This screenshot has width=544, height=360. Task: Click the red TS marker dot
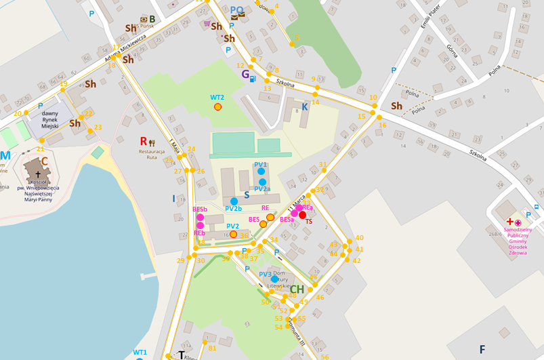click(x=303, y=214)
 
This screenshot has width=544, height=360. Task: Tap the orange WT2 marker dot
click(x=217, y=106)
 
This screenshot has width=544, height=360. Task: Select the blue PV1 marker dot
click(x=261, y=172)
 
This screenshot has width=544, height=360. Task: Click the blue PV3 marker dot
click(x=274, y=279)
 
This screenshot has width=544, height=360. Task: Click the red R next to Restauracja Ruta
click(x=144, y=141)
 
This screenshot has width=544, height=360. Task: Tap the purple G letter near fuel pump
click(x=245, y=75)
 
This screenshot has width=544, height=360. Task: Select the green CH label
click(x=297, y=290)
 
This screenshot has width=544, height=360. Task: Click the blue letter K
click(x=305, y=107)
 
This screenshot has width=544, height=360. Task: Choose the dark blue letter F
click(x=482, y=350)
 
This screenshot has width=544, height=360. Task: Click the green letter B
click(x=152, y=19)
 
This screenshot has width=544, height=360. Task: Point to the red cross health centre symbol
click(x=509, y=222)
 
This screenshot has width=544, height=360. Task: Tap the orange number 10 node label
click(x=373, y=98)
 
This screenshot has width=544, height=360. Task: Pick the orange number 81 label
click(x=212, y=348)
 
